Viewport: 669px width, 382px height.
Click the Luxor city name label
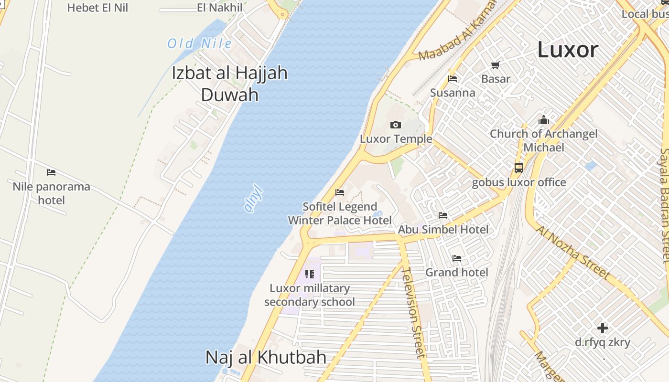568,50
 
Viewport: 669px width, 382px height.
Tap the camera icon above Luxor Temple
396,125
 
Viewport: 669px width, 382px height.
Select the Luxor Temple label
396,139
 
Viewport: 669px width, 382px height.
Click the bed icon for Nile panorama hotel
51,172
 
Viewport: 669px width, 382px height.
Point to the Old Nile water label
199,43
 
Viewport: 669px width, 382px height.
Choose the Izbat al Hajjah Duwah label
230,84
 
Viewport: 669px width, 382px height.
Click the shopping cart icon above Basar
496,65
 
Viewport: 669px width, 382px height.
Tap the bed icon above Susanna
453,79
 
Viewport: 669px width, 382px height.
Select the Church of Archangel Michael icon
543,120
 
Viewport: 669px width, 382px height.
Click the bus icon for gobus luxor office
518,168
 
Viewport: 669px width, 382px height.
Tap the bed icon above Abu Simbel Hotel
443,216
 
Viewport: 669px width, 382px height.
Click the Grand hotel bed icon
457,259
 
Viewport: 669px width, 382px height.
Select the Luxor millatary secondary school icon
310,274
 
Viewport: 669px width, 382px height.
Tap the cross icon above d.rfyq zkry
603,328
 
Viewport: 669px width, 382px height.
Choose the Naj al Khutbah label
266,357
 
